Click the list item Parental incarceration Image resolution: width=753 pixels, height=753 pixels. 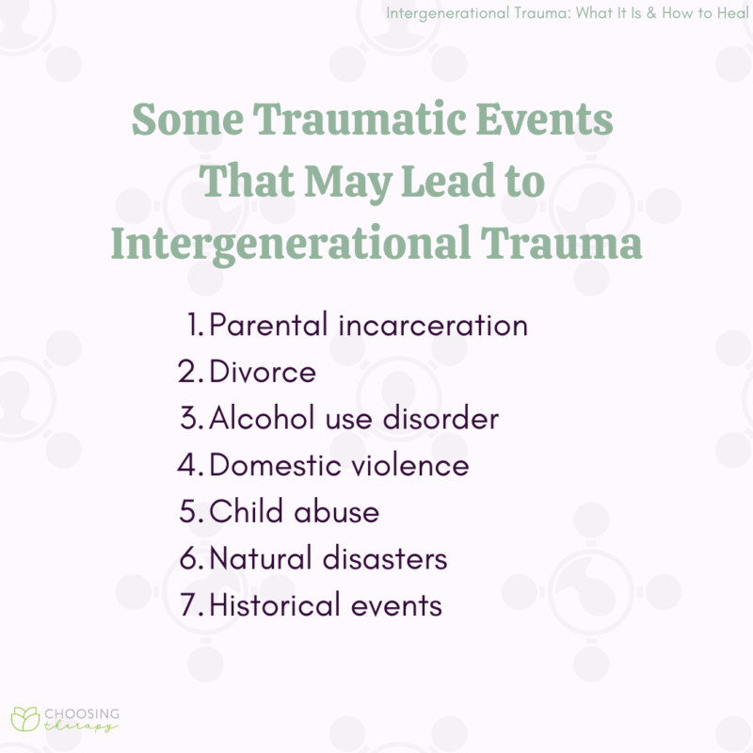pyautogui.click(x=368, y=325)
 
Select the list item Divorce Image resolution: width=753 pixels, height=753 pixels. pyautogui.click(x=263, y=372)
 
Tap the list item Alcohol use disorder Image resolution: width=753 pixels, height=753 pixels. pyautogui.click(x=354, y=418)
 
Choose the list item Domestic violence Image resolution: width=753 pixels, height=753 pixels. pyautogui.click(x=339, y=465)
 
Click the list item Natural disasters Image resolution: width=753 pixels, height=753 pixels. pyautogui.click(x=328, y=558)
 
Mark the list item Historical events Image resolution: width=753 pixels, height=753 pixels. pyautogui.click(x=326, y=605)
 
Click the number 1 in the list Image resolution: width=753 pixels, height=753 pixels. pyautogui.click(x=194, y=325)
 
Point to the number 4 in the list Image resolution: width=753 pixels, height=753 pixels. pyautogui.click(x=188, y=465)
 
